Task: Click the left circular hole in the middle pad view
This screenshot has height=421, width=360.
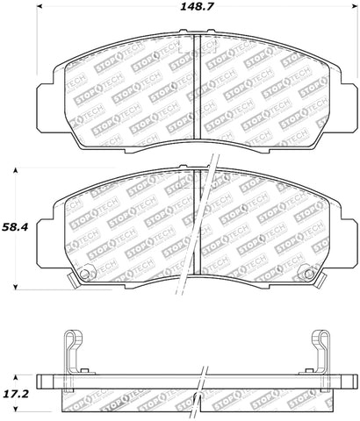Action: click(85, 275)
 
